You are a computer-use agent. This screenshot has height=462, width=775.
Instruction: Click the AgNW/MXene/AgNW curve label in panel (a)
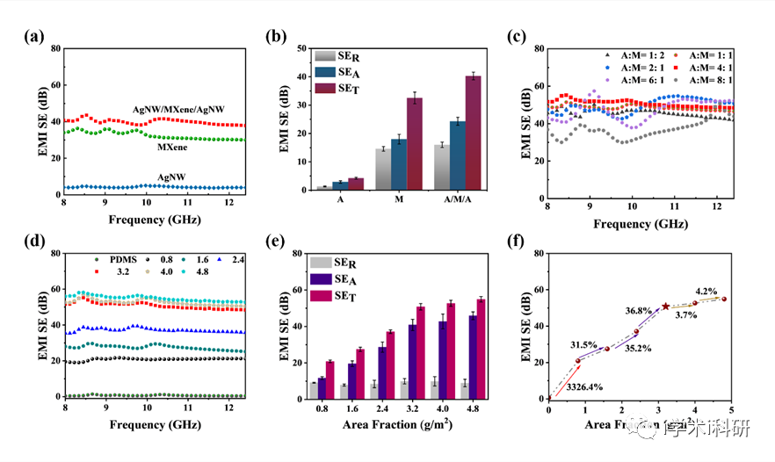tap(178, 109)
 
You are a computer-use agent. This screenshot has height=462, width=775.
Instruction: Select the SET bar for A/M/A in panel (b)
tap(474, 133)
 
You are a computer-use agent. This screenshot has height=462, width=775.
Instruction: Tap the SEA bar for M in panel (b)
tap(399, 164)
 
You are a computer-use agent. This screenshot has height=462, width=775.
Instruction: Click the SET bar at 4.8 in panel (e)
tap(480, 349)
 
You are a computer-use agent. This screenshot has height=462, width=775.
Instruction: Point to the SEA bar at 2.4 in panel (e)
tap(382, 372)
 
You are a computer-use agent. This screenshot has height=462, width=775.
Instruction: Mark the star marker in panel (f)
tap(665, 307)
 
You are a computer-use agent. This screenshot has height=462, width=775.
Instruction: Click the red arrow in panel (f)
tap(563, 379)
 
